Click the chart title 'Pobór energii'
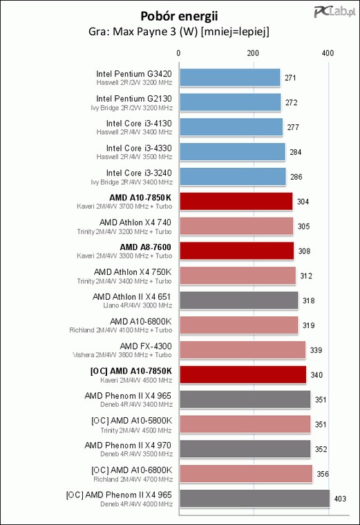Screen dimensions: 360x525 [179, 16]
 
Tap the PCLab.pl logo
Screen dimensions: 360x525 [334, 12]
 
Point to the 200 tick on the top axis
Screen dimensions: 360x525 [253, 53]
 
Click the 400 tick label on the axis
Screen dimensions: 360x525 [328, 53]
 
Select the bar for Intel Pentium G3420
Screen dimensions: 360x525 [229, 77]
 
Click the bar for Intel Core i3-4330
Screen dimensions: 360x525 [232, 152]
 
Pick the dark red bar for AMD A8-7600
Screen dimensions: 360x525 [237, 251]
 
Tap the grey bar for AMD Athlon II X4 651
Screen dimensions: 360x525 [239, 300]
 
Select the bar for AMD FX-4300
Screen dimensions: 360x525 [243, 350]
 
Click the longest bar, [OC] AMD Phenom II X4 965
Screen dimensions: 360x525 [254, 499]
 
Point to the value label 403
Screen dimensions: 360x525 [340, 499]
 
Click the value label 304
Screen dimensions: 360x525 [303, 202]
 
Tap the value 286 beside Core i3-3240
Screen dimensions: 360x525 [296, 177]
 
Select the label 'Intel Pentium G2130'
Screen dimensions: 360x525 [134, 99]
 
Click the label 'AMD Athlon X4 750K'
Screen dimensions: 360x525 [133, 272]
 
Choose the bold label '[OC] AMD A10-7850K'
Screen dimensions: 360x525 [131, 371]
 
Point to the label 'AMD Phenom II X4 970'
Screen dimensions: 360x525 [128, 446]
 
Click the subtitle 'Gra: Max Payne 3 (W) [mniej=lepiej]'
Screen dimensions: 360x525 [179, 32]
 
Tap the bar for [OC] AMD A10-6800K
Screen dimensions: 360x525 [246, 474]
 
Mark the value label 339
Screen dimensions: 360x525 [316, 350]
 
